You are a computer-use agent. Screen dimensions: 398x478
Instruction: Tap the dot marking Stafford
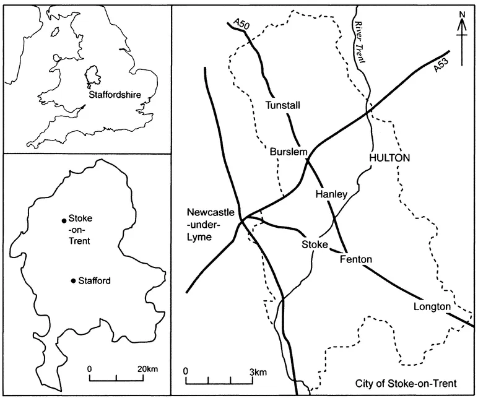pyautogui.click(x=74, y=281)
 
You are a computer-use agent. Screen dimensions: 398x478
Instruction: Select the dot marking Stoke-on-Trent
pyautogui.click(x=63, y=221)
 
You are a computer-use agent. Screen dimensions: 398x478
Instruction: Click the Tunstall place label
pyautogui.click(x=282, y=106)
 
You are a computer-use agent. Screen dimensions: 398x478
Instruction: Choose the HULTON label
pyautogui.click(x=389, y=158)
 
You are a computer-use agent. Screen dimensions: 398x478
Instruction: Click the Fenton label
pyautogui.click(x=356, y=259)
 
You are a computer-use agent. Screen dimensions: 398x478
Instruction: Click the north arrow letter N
pyautogui.click(x=461, y=15)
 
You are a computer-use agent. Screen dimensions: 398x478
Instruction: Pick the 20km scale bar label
pyautogui.click(x=147, y=369)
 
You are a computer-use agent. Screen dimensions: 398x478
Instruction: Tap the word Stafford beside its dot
pyautogui.click(x=95, y=281)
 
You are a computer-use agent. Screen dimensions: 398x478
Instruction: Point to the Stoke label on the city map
pyautogui.click(x=314, y=244)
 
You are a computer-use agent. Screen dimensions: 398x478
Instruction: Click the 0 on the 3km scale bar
pyautogui.click(x=186, y=372)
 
